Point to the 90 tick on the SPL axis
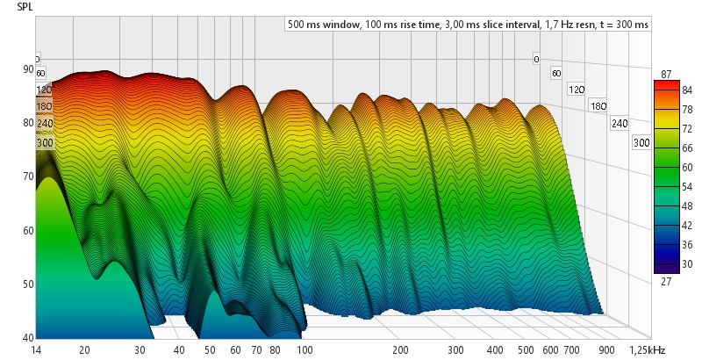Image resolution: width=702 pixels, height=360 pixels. click(x=28, y=69)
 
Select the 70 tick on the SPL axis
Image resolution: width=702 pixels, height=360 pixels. click(x=28, y=176)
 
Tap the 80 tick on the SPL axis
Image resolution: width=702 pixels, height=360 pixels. click(x=28, y=123)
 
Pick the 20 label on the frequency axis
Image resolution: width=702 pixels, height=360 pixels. click(x=84, y=349)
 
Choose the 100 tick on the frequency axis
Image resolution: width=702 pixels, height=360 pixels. click(x=304, y=349)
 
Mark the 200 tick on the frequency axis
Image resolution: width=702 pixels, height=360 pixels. click(x=400, y=349)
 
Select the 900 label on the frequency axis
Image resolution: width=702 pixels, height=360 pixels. click(x=607, y=349)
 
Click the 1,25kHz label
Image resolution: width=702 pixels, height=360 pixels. click(x=647, y=349)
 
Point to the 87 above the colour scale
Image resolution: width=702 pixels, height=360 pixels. click(x=667, y=74)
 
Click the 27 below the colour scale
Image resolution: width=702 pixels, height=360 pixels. click(x=667, y=281)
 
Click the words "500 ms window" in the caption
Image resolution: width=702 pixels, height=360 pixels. click(x=323, y=25)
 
